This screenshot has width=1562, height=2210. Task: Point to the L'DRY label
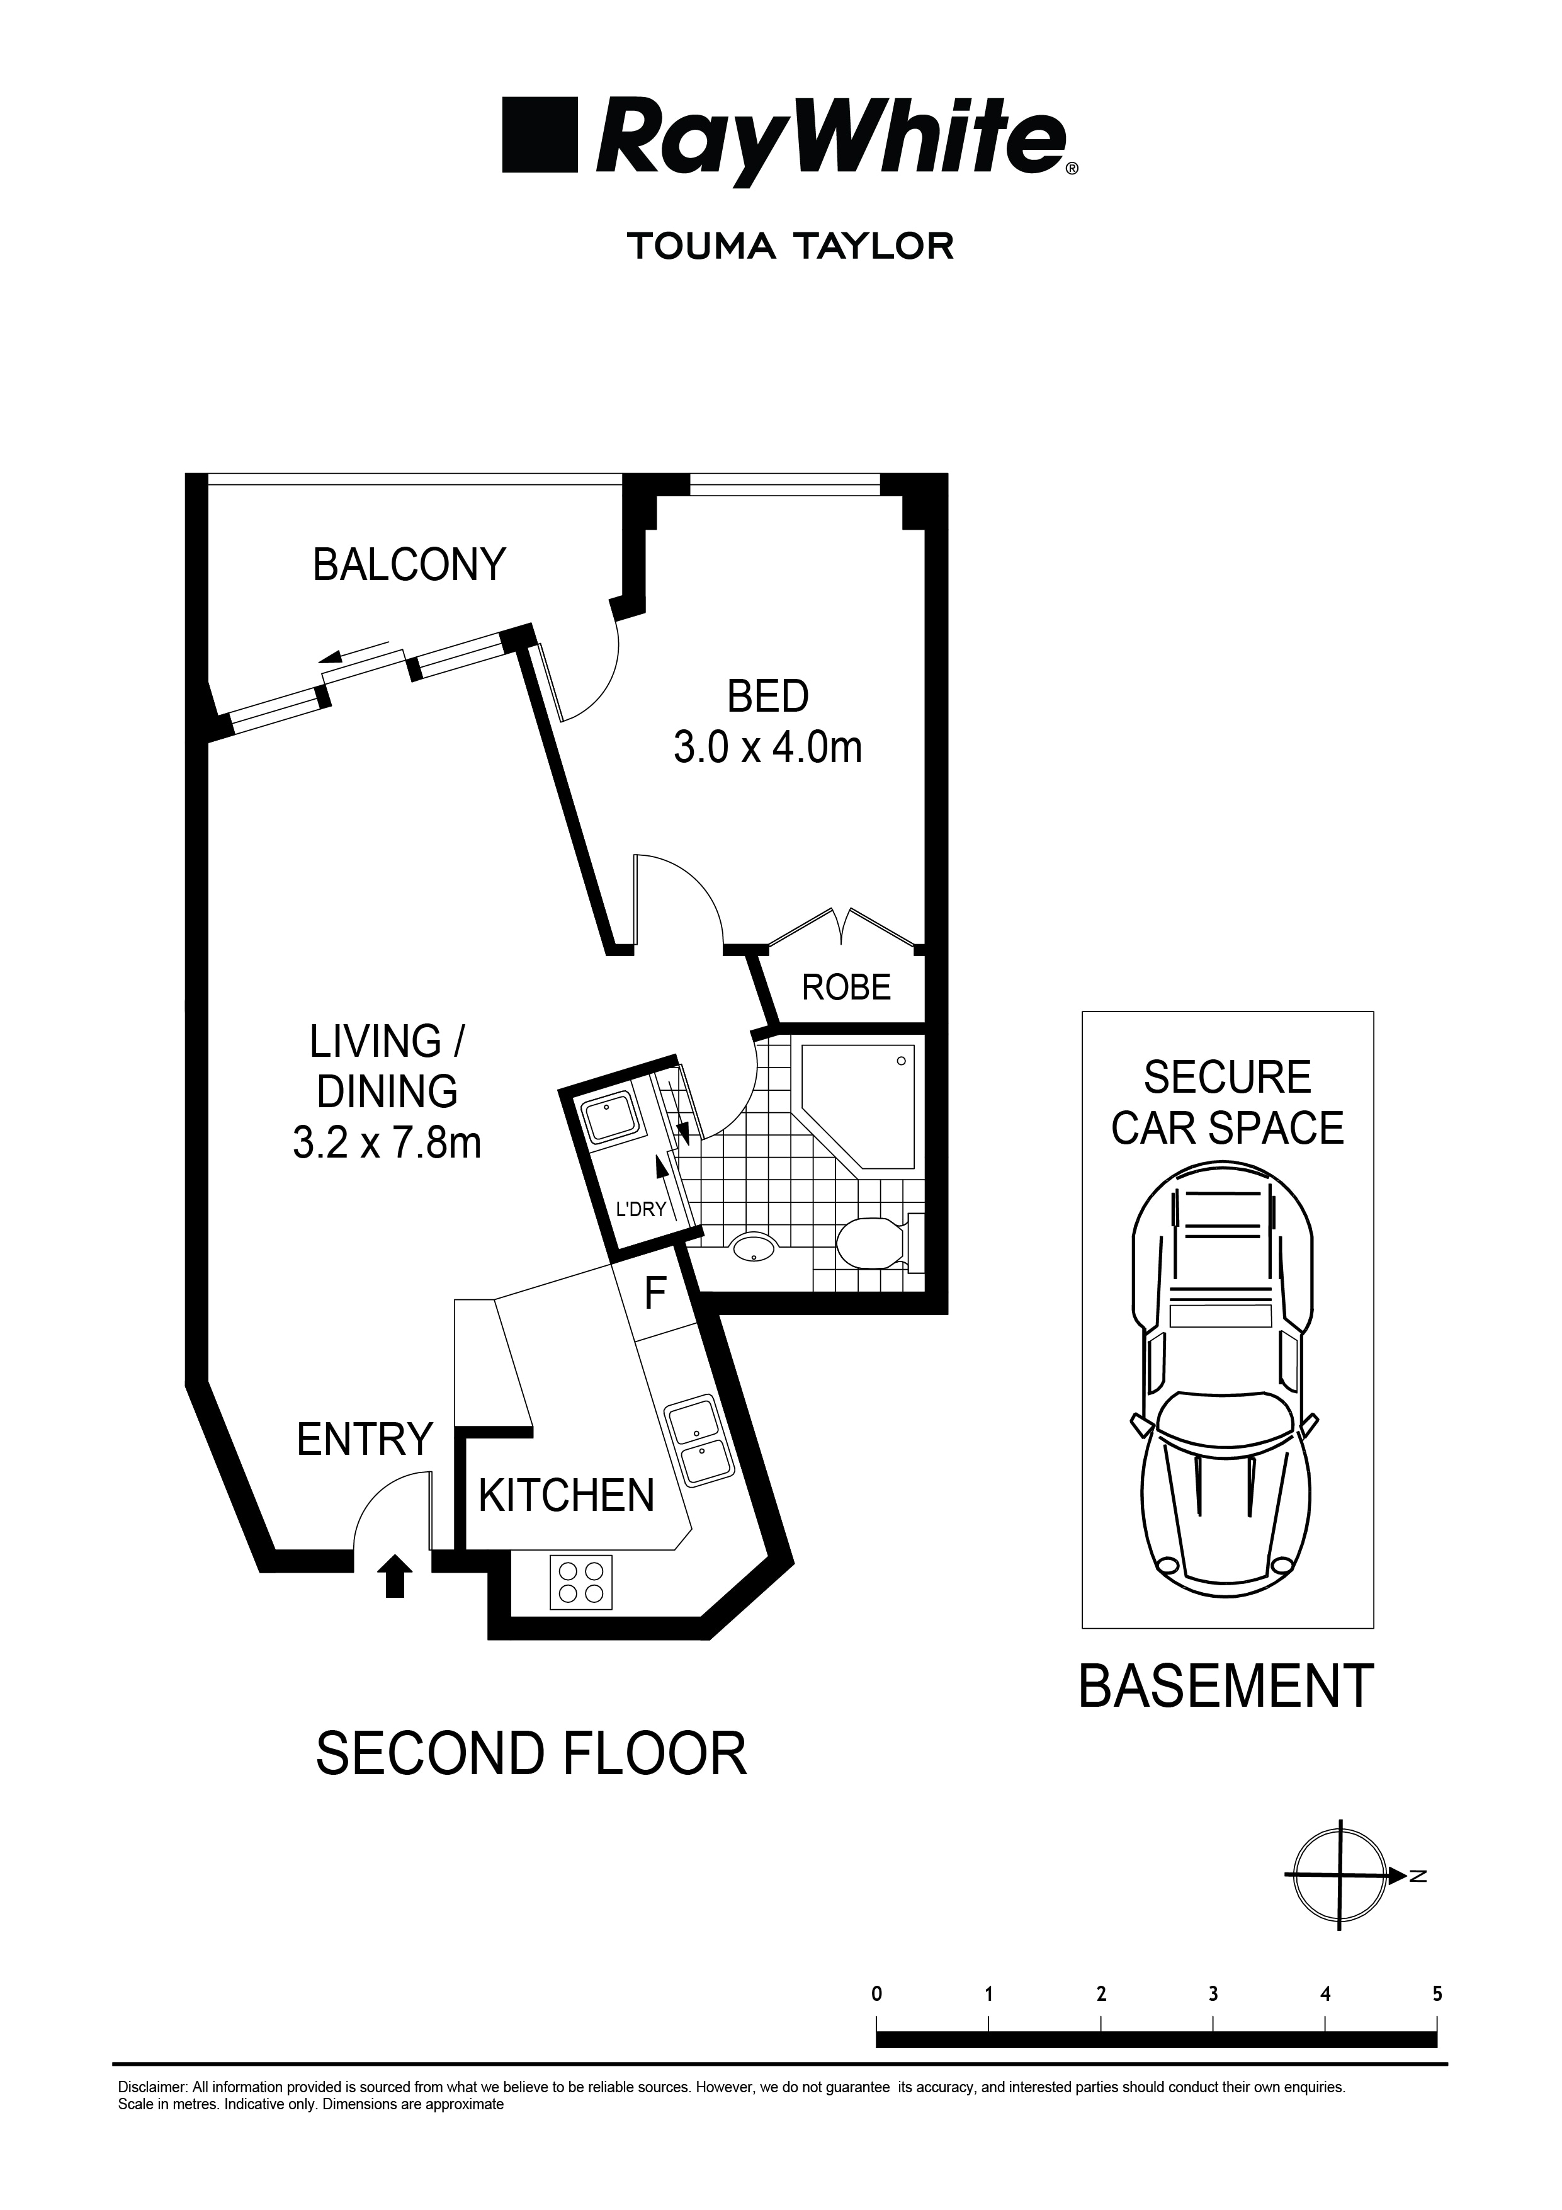tap(641, 1210)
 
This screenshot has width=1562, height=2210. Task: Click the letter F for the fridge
tap(655, 1295)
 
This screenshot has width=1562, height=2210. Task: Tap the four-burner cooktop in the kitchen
tap(581, 1583)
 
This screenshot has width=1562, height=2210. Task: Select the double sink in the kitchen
tap(698, 1442)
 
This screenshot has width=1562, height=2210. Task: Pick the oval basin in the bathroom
tap(754, 1248)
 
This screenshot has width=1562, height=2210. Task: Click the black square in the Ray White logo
tap(539, 135)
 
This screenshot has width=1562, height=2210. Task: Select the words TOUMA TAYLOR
tap(790, 246)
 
